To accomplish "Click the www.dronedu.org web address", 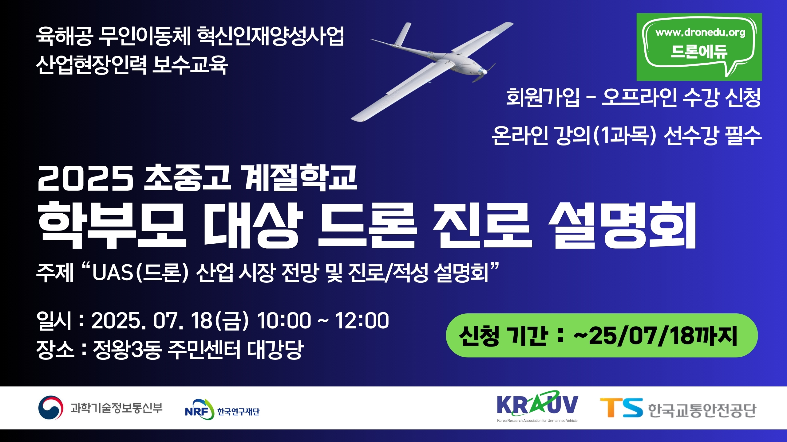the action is pyautogui.click(x=701, y=33).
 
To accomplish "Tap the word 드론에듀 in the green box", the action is pyautogui.click(x=699, y=51).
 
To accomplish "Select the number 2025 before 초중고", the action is pyautogui.click(x=85, y=178).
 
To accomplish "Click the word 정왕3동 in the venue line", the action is pyautogui.click(x=127, y=349).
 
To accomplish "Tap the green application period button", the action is pyautogui.click(x=602, y=335).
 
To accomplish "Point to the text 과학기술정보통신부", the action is pyautogui.click(x=117, y=408).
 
